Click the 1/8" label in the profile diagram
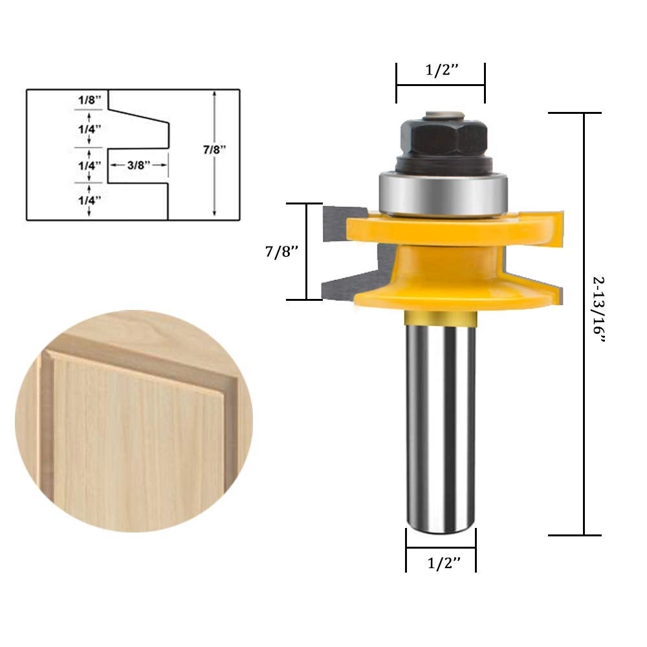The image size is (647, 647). coord(90,101)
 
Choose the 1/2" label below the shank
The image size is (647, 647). coord(443,564)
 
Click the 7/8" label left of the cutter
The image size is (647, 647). coord(281,251)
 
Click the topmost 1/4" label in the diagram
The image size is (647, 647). coord(90,129)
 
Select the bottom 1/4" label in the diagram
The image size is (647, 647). coord(90,201)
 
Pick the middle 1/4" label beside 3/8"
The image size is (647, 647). coord(90,165)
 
